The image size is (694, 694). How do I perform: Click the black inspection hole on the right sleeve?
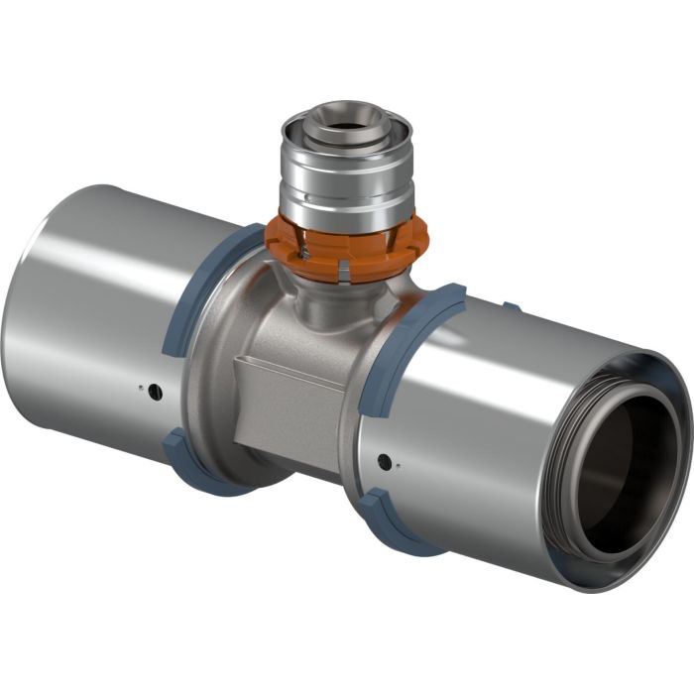[383, 459]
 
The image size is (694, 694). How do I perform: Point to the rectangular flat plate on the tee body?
[288, 397]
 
